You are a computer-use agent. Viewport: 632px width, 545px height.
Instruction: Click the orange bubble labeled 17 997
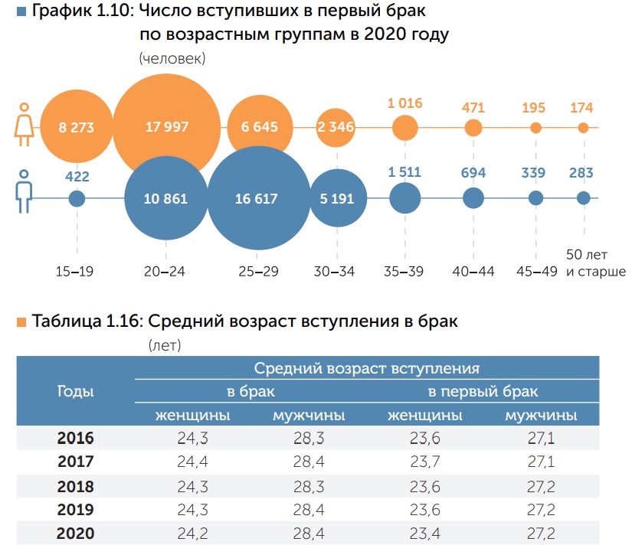(x=166, y=126)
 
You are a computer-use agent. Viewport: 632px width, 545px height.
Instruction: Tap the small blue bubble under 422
(x=77, y=199)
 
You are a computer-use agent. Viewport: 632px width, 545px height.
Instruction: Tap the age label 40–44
(x=473, y=272)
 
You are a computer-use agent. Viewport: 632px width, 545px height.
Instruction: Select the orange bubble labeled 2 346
(x=336, y=126)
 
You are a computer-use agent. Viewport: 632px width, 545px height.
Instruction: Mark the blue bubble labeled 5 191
(x=336, y=199)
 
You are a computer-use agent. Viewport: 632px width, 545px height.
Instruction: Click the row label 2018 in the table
(x=75, y=487)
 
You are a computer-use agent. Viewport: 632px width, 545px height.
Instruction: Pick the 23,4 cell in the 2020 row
(x=424, y=534)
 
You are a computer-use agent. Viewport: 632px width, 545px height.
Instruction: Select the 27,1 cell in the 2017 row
(x=541, y=462)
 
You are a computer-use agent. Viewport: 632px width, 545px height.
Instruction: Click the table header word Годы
(x=76, y=391)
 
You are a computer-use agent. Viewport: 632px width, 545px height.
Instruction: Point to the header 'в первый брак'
(x=483, y=391)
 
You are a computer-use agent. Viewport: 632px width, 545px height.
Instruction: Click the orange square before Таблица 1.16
(x=21, y=322)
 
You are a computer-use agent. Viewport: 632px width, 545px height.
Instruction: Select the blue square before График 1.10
(x=21, y=12)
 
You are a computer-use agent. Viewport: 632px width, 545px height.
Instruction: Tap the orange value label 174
(x=583, y=108)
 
